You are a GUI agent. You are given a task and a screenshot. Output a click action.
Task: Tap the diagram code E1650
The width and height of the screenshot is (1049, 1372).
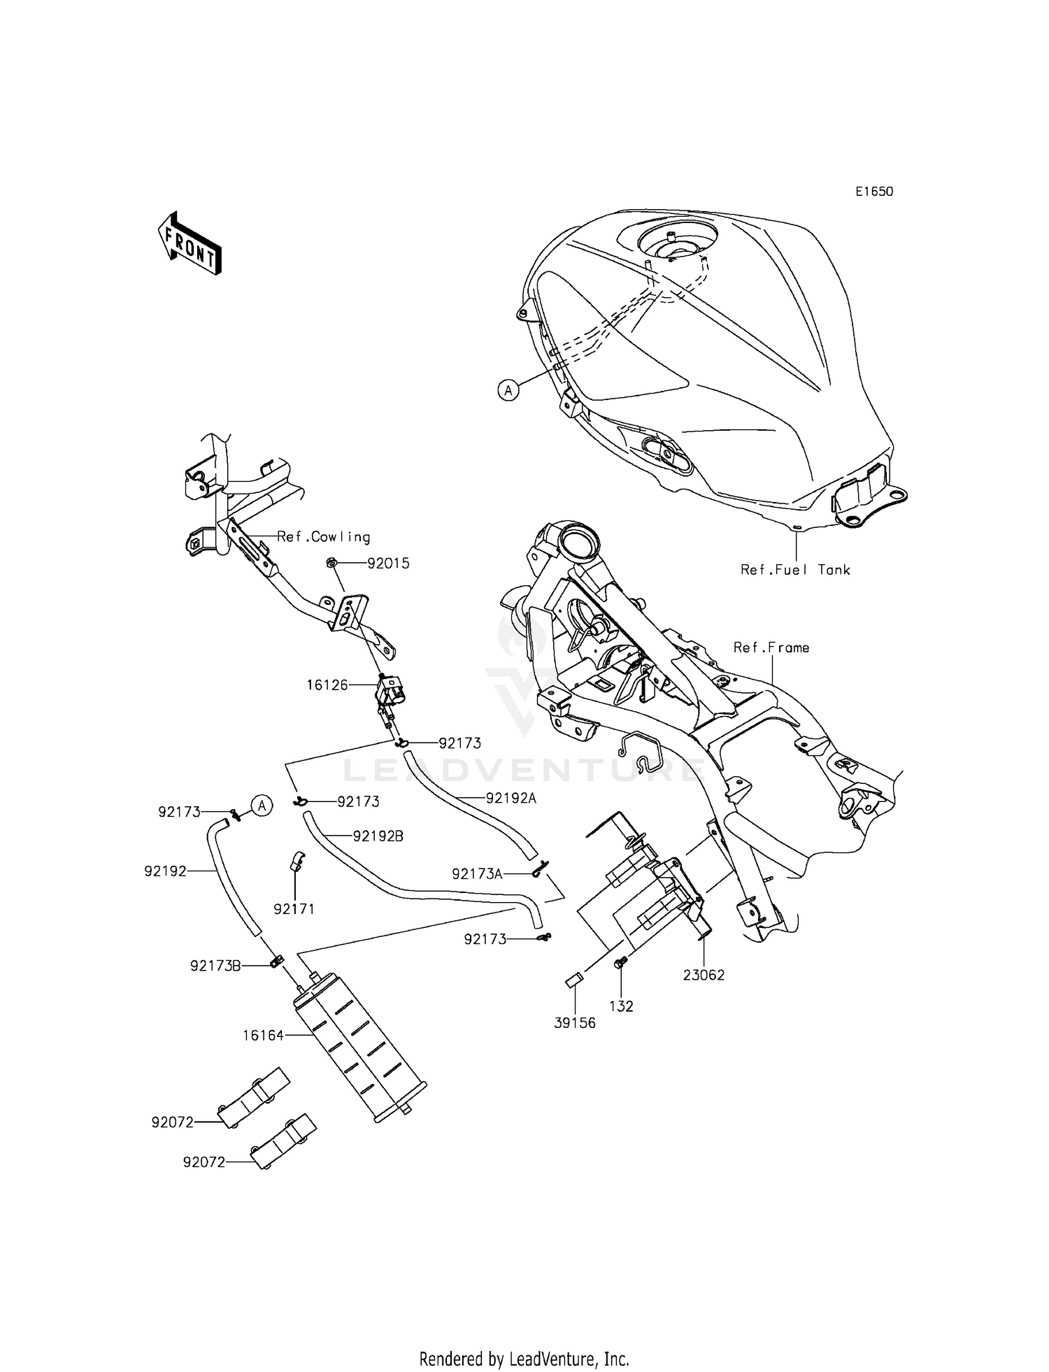coord(873,192)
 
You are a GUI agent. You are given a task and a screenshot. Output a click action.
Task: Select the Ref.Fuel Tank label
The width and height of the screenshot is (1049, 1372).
coord(795,570)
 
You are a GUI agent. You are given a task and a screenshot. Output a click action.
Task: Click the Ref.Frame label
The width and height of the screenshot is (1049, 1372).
coord(771,648)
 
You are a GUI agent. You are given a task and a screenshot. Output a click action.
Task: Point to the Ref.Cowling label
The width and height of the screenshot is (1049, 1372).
coord(323,537)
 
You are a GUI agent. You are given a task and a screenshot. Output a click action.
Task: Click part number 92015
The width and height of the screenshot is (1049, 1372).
coord(387,564)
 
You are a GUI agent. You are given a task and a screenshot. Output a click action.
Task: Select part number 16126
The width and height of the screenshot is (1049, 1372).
coord(327,685)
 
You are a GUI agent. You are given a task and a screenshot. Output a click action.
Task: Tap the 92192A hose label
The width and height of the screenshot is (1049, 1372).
coord(511,798)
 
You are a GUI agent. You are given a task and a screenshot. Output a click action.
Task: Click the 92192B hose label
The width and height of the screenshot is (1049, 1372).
coord(378,836)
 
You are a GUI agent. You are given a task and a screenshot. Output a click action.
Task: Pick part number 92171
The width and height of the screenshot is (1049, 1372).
coord(294,909)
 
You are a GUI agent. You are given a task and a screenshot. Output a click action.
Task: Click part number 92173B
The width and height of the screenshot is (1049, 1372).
coord(215,966)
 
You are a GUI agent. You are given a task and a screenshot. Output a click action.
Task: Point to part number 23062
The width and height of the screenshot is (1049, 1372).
coord(704,975)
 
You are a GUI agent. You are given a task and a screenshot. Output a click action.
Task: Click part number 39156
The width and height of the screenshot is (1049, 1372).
coord(575,1023)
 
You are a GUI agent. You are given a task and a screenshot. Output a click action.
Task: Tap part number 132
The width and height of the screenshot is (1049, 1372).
coord(621,1006)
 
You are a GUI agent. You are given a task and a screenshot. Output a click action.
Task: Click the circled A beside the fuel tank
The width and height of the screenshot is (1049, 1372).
coord(508,390)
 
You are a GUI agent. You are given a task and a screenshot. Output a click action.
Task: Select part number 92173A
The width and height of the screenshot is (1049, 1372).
coord(477,874)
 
